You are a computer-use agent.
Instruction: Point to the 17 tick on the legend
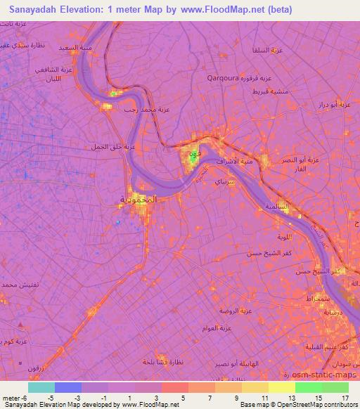click(344, 397)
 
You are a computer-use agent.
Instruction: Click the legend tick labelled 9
click(245, 397)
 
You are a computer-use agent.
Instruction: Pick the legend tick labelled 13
click(294, 397)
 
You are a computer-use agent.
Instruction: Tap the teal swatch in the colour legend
click(41, 387)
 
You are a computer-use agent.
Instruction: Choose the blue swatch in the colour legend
click(68, 387)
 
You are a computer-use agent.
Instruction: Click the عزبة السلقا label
click(267, 51)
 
